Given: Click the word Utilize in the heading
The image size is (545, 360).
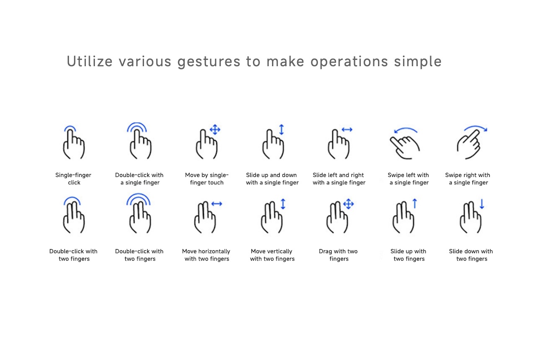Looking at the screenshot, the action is click(x=90, y=61).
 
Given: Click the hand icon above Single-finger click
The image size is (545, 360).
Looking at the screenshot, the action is click(x=74, y=144).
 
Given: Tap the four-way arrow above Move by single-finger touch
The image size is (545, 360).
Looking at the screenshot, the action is click(x=215, y=130).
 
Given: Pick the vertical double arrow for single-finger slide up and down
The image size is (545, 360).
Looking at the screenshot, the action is click(x=281, y=130).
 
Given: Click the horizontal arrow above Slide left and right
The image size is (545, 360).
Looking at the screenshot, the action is click(x=347, y=130).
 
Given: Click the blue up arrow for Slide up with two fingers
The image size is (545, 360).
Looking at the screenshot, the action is click(x=415, y=203).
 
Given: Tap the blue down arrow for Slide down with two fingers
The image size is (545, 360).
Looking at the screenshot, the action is click(x=482, y=204).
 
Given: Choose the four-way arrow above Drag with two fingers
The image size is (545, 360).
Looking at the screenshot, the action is click(x=348, y=204).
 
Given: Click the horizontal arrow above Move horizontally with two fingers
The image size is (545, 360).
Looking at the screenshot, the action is click(x=217, y=204).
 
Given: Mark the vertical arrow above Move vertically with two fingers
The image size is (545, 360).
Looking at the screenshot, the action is click(x=283, y=204).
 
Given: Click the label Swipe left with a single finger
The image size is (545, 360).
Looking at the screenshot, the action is click(x=408, y=179).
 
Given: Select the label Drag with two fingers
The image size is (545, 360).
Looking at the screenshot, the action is click(x=338, y=255).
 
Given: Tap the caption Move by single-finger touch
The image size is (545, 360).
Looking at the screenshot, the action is click(x=207, y=179).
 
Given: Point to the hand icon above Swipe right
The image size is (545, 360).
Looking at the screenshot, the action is click(x=469, y=144).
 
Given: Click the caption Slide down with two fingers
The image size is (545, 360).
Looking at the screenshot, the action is click(x=471, y=255).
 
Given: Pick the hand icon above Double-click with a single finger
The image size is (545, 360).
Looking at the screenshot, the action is click(x=140, y=144).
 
